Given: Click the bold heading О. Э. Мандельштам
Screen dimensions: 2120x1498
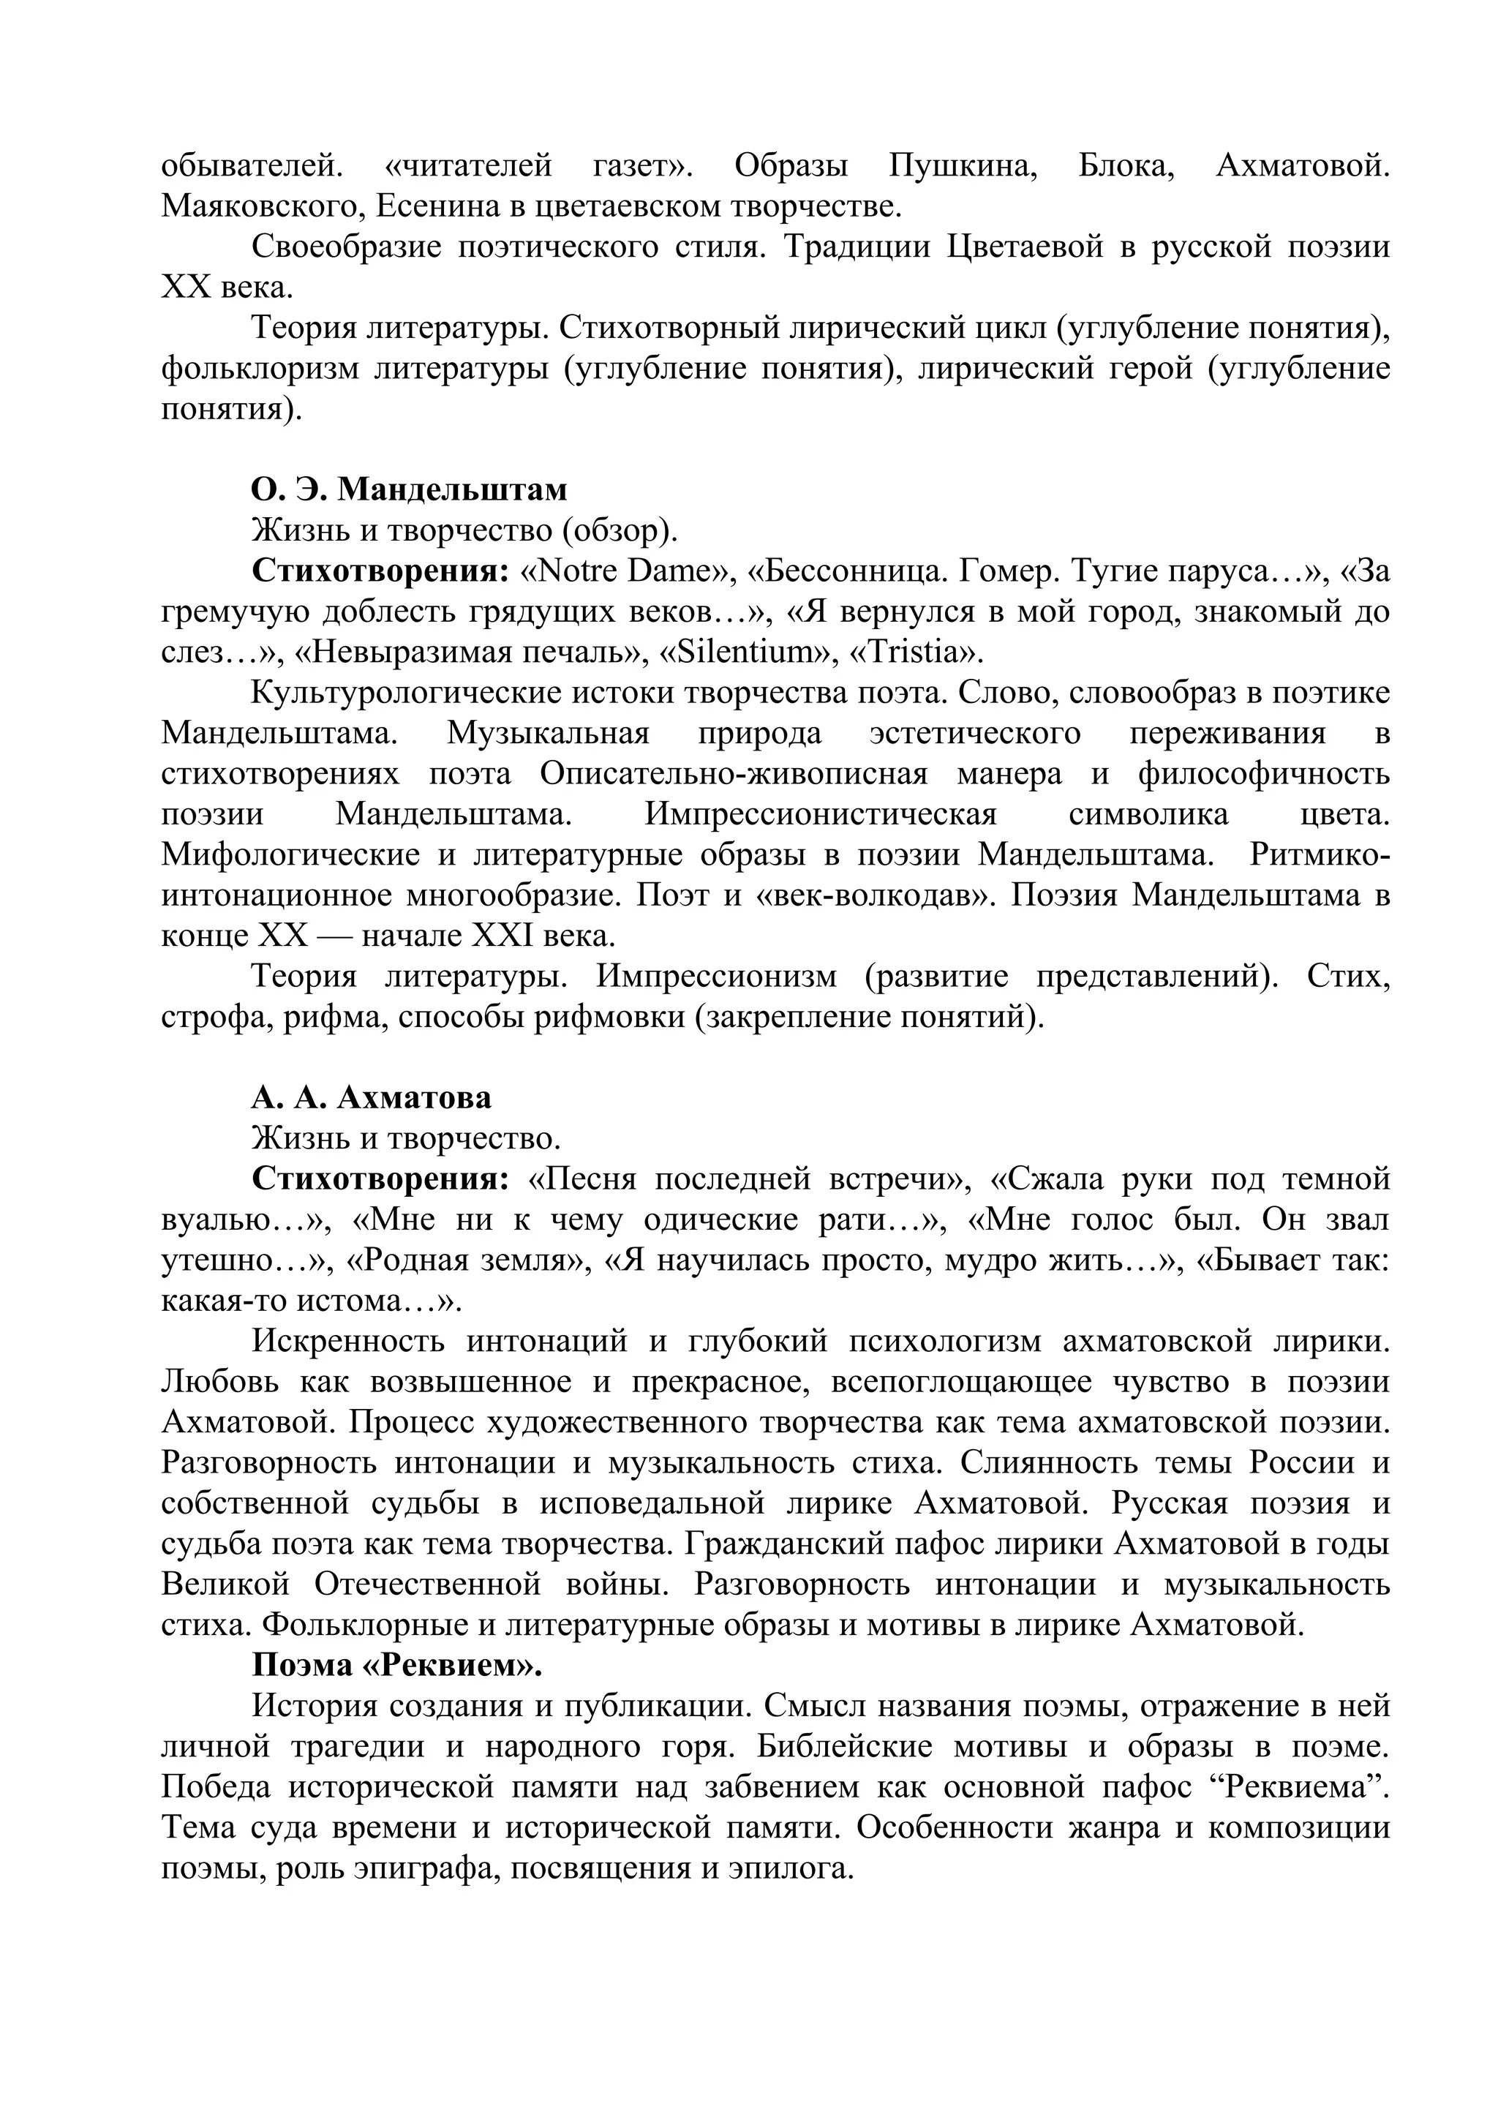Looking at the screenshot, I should (x=409, y=489).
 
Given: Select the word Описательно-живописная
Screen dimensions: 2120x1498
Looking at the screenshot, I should (x=734, y=775).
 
